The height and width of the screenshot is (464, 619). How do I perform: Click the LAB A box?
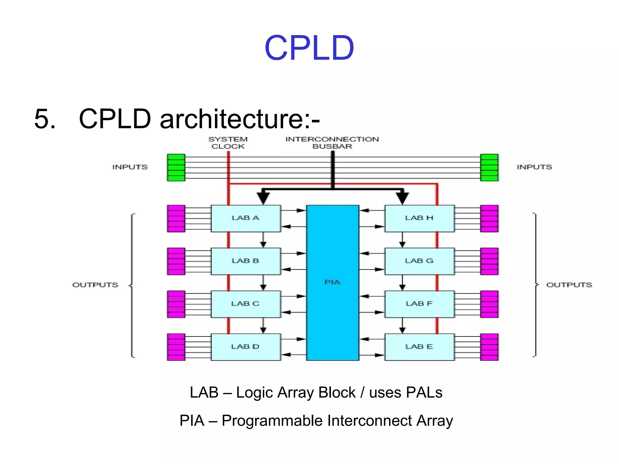tap(246, 218)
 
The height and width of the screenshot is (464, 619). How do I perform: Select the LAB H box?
tap(419, 218)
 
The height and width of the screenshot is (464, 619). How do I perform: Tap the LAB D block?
tap(246, 347)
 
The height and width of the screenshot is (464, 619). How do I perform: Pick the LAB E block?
tap(419, 347)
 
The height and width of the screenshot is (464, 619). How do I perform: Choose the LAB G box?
tap(419, 261)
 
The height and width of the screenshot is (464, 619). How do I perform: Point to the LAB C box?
tap(246, 304)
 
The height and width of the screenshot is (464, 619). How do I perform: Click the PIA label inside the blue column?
tap(332, 282)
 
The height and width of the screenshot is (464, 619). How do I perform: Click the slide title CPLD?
tap(309, 48)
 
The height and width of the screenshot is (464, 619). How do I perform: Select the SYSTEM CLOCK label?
tap(228, 143)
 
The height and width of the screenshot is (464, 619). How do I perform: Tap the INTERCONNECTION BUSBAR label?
tap(332, 143)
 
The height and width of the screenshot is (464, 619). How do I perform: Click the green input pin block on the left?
tap(176, 167)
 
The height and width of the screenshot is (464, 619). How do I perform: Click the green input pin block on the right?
tap(489, 167)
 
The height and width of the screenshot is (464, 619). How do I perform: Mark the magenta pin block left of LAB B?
tap(176, 261)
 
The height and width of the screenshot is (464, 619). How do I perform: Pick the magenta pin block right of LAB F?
tap(489, 304)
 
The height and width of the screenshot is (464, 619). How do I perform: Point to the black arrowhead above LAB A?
tap(263, 198)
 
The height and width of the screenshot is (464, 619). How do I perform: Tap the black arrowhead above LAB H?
tap(402, 198)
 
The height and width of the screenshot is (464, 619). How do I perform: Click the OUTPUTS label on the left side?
tap(95, 285)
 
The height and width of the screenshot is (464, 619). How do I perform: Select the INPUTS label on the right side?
tap(534, 167)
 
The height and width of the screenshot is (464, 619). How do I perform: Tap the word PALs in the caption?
tap(424, 393)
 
